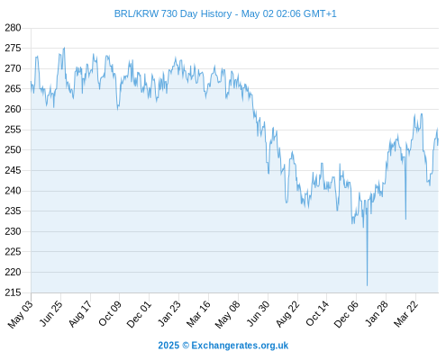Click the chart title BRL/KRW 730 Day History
coord(173,13)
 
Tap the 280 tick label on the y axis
coord(13,28)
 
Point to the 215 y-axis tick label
coord(13,292)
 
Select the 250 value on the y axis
coord(13,149)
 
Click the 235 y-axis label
coord(13,211)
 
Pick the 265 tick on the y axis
coord(13,89)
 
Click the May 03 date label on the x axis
coord(20,314)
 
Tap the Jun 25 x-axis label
coord(50,313)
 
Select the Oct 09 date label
coord(110,313)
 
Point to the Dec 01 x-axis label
coord(139,314)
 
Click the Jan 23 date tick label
coord(169,313)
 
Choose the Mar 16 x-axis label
coord(198,314)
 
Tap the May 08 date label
coord(227,314)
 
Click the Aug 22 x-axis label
coord(287,313)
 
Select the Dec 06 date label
coord(346,314)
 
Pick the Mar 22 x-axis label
coord(405,314)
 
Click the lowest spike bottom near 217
coord(367,285)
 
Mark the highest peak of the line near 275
coord(64,48)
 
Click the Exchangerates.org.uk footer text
coord(240,346)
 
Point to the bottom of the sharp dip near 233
coord(405,220)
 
